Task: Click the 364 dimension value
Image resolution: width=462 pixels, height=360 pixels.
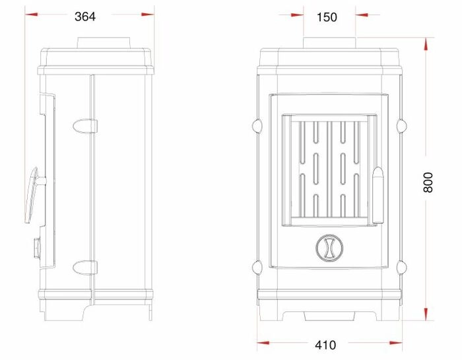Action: point(85,17)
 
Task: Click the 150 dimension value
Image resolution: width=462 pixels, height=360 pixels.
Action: point(327,17)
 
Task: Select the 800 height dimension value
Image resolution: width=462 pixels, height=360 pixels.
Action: point(428,182)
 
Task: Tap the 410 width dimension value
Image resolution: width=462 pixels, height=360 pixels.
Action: point(325,345)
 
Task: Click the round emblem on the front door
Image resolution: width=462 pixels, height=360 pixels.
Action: point(329,248)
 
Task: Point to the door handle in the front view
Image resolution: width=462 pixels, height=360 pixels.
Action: point(378,195)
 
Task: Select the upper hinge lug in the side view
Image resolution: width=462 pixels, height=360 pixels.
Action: point(85,126)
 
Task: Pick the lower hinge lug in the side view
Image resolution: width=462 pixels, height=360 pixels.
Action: point(85,268)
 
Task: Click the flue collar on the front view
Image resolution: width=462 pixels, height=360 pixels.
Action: point(330,42)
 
